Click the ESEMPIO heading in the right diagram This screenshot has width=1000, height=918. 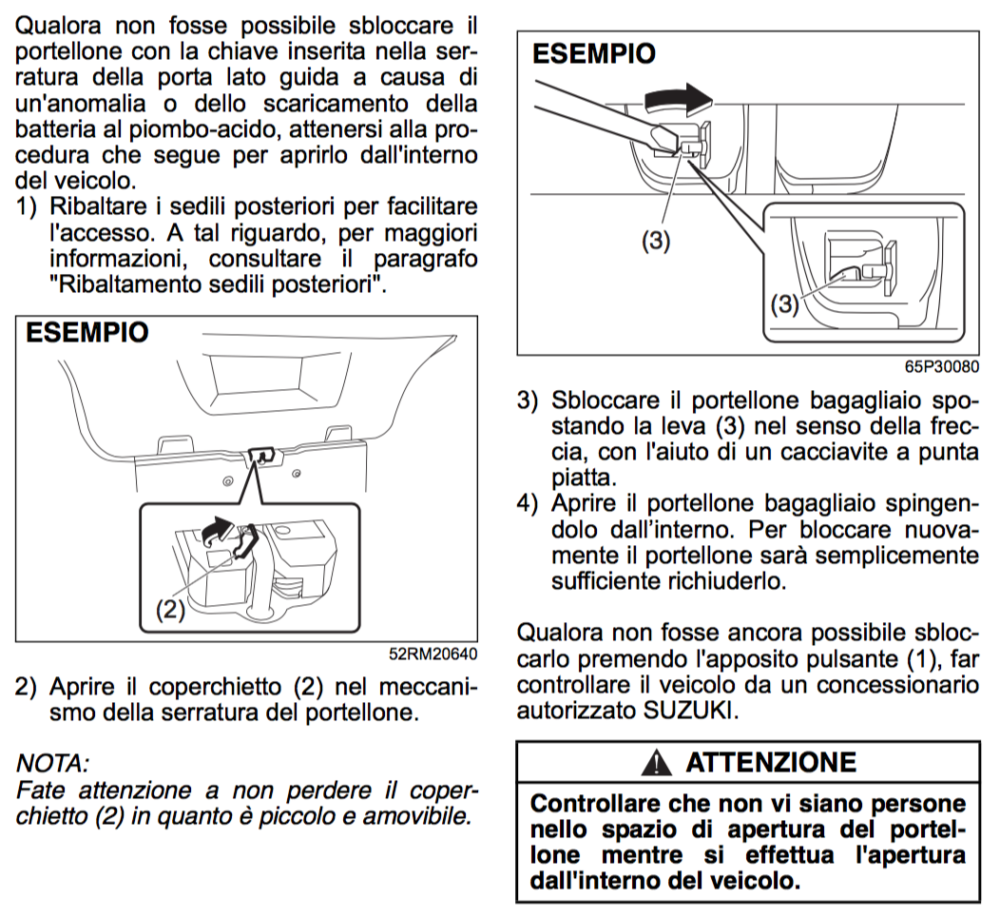[594, 53]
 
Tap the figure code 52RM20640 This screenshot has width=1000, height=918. [432, 654]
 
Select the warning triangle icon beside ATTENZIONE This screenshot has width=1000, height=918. [650, 762]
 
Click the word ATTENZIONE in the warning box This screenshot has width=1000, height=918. [770, 762]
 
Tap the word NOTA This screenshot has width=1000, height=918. [53, 762]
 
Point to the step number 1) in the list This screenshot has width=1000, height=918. [28, 206]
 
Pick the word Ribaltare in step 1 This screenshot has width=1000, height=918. [97, 206]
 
